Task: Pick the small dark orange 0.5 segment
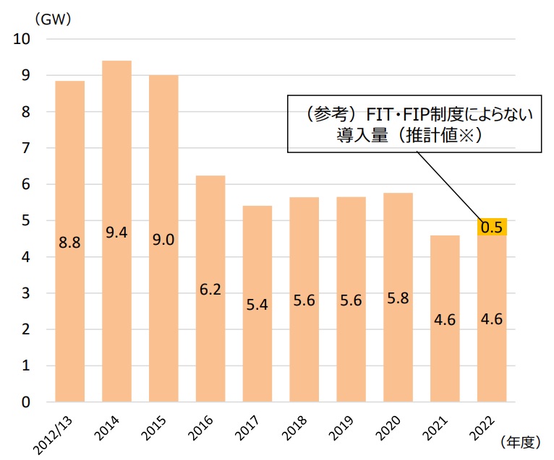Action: tap(492, 227)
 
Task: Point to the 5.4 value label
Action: tap(257, 305)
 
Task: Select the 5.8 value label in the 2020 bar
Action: tap(398, 298)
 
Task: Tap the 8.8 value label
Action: tap(70, 243)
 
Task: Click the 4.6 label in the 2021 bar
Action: tap(445, 320)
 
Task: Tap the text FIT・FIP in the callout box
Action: tap(397, 113)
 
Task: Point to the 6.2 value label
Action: tap(210, 290)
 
